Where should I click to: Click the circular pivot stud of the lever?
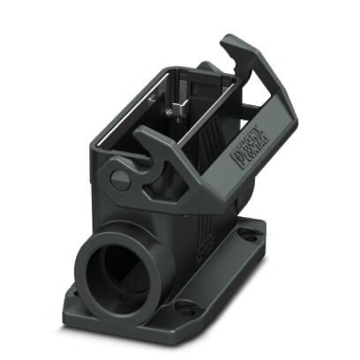click(x=121, y=180)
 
